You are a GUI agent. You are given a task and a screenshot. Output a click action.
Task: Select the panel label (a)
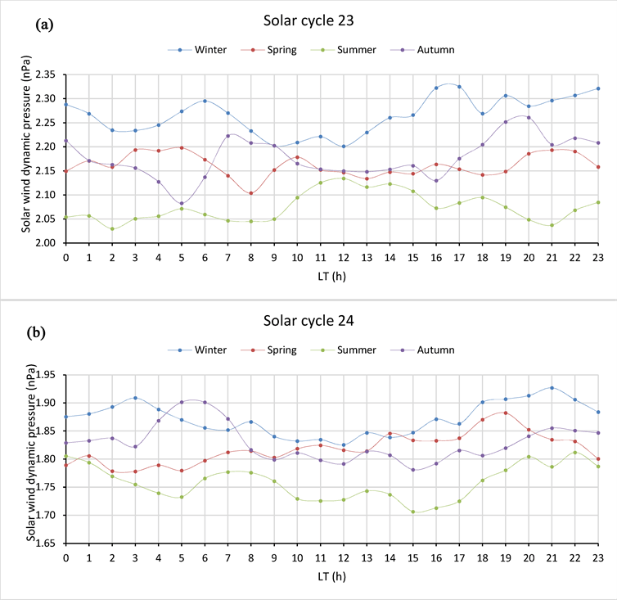[x=44, y=25]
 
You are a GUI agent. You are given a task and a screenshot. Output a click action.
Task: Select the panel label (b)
[x=44, y=333]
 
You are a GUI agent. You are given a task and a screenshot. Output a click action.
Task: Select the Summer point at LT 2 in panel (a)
[x=112, y=228]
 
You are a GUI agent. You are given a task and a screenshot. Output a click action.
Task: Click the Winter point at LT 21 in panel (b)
[x=552, y=388]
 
